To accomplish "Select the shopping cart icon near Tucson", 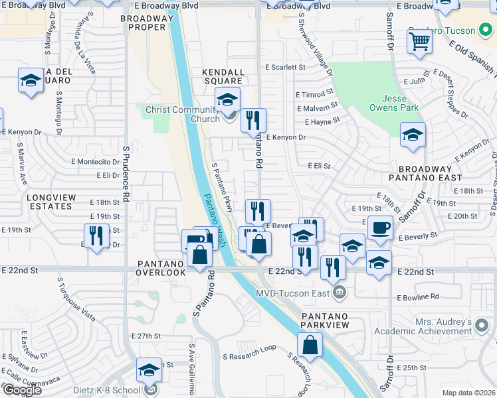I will click(x=421, y=41).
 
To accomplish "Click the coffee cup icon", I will click(x=380, y=228).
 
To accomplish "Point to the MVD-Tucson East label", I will click(x=296, y=291).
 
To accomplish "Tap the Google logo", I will click(x=21, y=390).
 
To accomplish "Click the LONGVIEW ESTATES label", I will click(x=50, y=202).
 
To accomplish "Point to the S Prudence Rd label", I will click(x=125, y=174).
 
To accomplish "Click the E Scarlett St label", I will click(x=284, y=67).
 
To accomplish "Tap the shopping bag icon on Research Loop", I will click(x=310, y=345).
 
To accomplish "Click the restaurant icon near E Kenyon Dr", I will click(x=253, y=121).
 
